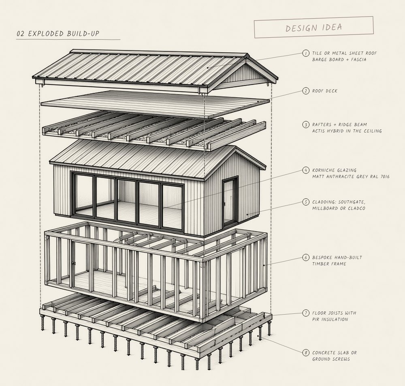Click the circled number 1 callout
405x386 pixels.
tap(306, 53)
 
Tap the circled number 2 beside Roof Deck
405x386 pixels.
tap(306, 91)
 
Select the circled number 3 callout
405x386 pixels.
tap(306, 124)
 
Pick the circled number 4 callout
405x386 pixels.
tap(306, 170)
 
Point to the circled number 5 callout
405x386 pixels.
tap(306, 202)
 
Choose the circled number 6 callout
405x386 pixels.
tap(306, 257)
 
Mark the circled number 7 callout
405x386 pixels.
tap(306, 313)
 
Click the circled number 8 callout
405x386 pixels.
tap(306, 353)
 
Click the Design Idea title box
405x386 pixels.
tap(314, 27)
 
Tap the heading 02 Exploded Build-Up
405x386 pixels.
tap(58, 34)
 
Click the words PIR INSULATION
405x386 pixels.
tap(330, 320)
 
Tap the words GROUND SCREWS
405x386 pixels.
tap(331, 359)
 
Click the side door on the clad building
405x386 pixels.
tap(230, 201)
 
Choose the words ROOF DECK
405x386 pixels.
tap(325, 91)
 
